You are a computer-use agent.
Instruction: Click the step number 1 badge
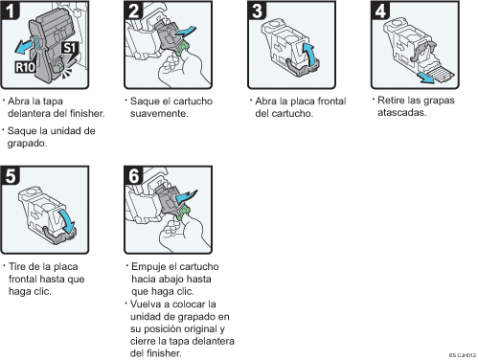coord(10,10)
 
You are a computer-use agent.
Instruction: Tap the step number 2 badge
coord(133,10)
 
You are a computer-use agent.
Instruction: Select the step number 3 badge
coord(257,10)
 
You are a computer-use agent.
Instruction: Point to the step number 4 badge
coord(380,10)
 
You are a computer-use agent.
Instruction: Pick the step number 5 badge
coord(10,175)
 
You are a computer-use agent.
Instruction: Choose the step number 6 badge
coord(133,175)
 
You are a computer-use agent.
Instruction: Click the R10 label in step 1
coord(25,67)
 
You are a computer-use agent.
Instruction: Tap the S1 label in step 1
coord(70,48)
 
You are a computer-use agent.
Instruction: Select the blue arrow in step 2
coord(186,32)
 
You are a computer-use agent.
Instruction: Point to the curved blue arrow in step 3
coord(308,53)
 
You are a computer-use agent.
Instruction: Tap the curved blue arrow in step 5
coord(67,221)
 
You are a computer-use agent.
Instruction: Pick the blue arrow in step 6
coord(187,195)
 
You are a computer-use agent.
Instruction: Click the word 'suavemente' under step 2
coord(158,113)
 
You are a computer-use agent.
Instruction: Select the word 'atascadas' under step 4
coord(401,112)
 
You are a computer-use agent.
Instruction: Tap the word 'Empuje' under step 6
coord(148,267)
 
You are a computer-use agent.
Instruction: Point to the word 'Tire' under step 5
coord(17,266)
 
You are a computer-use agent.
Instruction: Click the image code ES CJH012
coord(463,355)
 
